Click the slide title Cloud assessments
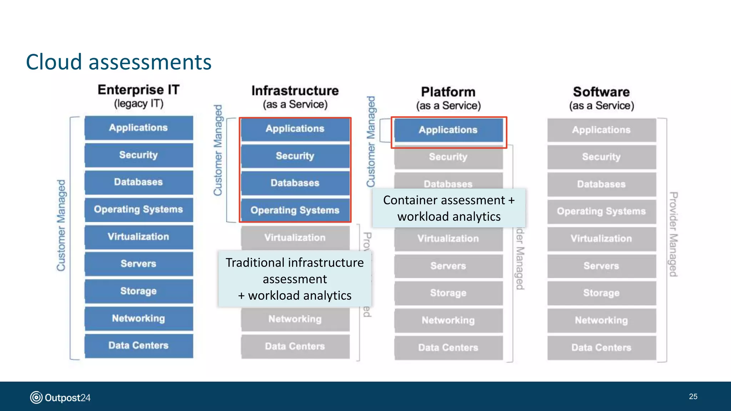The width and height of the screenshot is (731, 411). click(x=119, y=62)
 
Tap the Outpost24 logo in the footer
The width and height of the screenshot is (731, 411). click(x=60, y=397)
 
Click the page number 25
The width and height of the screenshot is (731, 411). click(x=693, y=396)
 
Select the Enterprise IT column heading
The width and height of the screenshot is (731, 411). click(x=138, y=96)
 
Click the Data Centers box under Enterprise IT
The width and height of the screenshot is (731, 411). click(x=138, y=345)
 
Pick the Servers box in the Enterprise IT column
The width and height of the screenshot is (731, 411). click(x=138, y=264)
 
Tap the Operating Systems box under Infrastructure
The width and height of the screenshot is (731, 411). click(x=295, y=210)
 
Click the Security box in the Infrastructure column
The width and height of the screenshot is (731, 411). click(x=295, y=156)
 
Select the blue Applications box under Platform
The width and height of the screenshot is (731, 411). click(x=448, y=130)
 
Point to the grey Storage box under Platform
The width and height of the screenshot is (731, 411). click(x=448, y=293)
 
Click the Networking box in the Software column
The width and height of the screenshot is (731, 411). click(x=601, y=320)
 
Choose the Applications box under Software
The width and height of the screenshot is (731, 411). click(x=601, y=130)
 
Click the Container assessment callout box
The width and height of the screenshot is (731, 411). click(x=449, y=208)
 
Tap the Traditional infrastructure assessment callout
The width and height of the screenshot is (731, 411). click(x=295, y=279)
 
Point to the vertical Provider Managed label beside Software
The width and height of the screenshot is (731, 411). click(x=673, y=234)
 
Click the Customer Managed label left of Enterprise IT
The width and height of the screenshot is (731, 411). click(x=61, y=225)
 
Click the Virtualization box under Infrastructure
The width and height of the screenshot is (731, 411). click(x=295, y=238)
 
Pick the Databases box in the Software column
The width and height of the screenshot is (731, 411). click(x=601, y=184)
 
